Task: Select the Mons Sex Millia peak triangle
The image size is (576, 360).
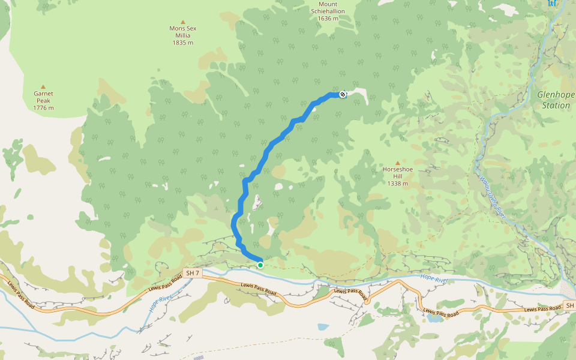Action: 183,22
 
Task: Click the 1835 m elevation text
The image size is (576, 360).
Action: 183,43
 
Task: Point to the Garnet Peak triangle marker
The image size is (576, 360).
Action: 43,86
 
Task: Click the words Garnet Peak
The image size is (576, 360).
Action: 43,97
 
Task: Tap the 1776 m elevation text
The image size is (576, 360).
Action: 43,108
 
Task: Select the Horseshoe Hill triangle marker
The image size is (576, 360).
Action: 397,163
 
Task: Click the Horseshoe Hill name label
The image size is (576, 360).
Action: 397,173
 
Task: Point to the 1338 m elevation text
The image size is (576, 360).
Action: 397,184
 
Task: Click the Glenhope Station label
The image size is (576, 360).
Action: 556,100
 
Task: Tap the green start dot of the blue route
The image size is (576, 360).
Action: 260,265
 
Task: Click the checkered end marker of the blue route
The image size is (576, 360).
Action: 343,94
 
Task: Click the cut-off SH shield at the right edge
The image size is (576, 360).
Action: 570,306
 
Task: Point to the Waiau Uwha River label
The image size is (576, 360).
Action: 492,196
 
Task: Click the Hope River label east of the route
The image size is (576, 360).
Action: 434,278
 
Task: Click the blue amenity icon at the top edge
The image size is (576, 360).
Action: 552,3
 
